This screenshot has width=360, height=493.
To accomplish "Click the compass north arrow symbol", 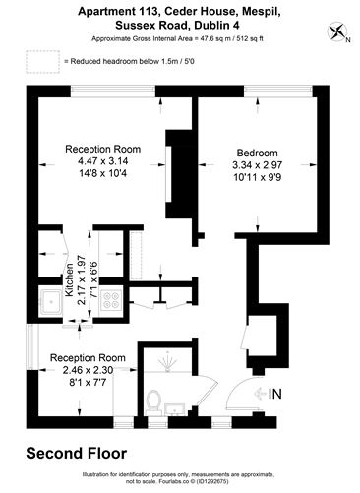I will pyautogui.click(x=340, y=32).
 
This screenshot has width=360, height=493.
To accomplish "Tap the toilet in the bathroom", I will pyautogui.click(x=153, y=401).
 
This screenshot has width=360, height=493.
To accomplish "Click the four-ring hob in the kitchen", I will pyautogui.click(x=111, y=301).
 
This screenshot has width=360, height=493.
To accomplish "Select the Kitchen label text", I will pyautogui.click(x=69, y=280).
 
